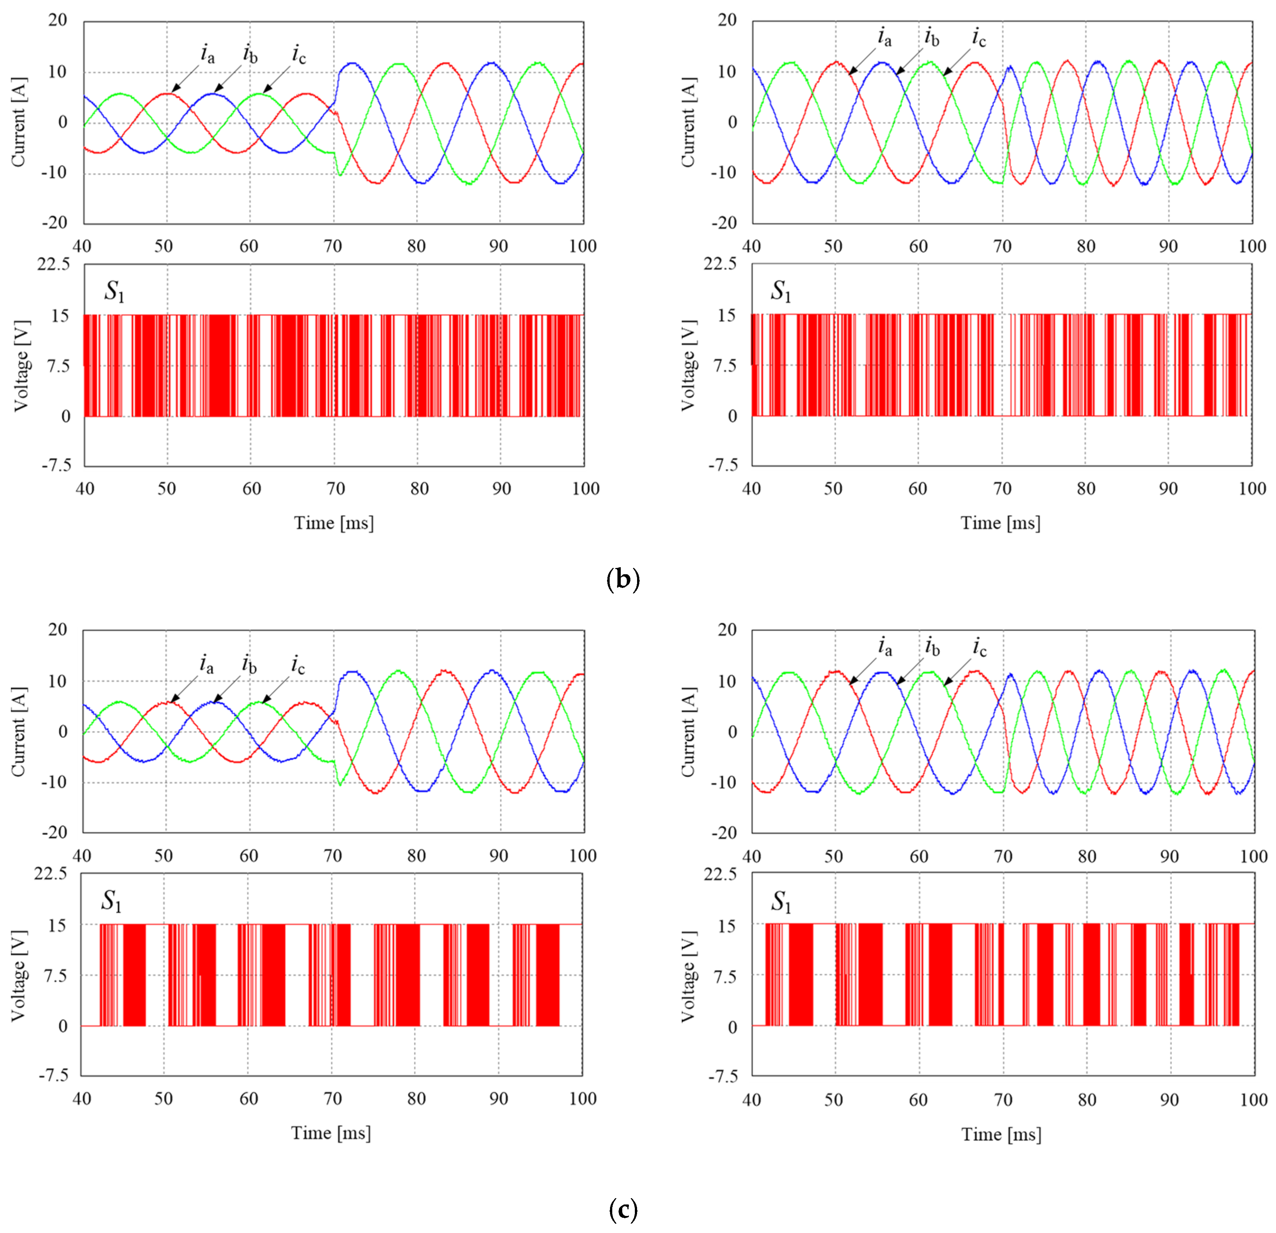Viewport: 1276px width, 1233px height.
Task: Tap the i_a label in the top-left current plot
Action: (x=207, y=53)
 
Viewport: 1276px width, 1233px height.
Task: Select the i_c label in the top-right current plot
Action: (x=978, y=38)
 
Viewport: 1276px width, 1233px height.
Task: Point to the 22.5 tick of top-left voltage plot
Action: (x=53, y=264)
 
